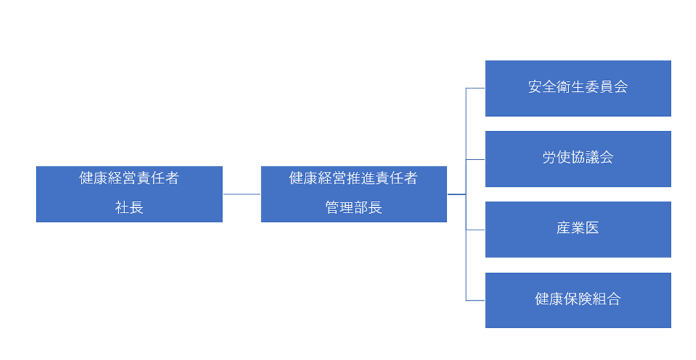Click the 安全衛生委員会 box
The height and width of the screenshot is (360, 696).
tap(578, 88)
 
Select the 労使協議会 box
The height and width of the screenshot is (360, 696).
tap(578, 159)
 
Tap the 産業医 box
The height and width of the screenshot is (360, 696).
tap(578, 230)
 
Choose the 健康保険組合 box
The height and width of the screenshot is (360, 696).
tap(578, 300)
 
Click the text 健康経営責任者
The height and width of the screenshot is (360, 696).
tap(129, 179)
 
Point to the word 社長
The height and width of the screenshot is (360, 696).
tap(129, 208)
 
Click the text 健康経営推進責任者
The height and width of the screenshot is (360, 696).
tap(353, 179)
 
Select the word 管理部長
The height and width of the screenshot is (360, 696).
tap(353, 208)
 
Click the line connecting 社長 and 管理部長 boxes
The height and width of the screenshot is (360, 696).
tap(242, 194)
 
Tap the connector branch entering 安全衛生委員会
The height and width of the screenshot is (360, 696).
tap(475, 88)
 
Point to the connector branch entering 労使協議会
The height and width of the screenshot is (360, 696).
tap(475, 160)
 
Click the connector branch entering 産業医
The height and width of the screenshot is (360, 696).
tap(475, 230)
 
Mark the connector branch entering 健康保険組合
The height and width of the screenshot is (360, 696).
tap(475, 300)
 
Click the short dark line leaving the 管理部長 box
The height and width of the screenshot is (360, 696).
tap(456, 194)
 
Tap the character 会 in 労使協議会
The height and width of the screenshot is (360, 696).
tap(606, 157)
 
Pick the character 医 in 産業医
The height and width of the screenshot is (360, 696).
tap(592, 228)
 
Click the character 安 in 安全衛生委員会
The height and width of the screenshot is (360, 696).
tap(535, 86)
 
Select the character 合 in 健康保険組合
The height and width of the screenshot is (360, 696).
tap(613, 299)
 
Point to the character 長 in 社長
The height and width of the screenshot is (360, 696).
tap(136, 208)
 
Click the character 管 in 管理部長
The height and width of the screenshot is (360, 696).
tap(332, 208)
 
